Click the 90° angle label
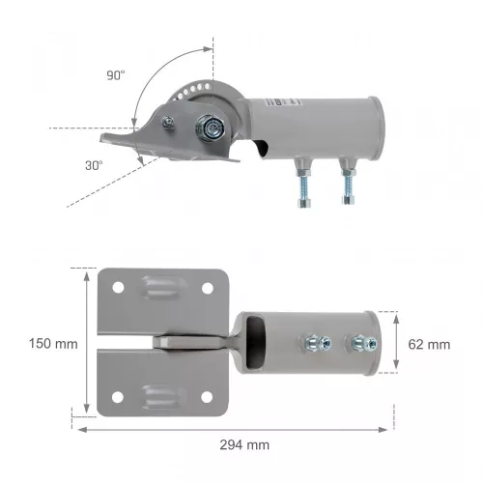[x=117, y=74]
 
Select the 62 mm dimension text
[x=430, y=344]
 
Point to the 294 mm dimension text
[x=244, y=445]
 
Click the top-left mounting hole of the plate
[x=118, y=288]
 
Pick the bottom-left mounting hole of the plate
[x=118, y=396]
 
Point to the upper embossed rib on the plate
[x=161, y=289]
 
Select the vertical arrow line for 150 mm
[x=87, y=342]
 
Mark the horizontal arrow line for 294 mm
[x=233, y=429]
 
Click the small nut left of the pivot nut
[x=170, y=120]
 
